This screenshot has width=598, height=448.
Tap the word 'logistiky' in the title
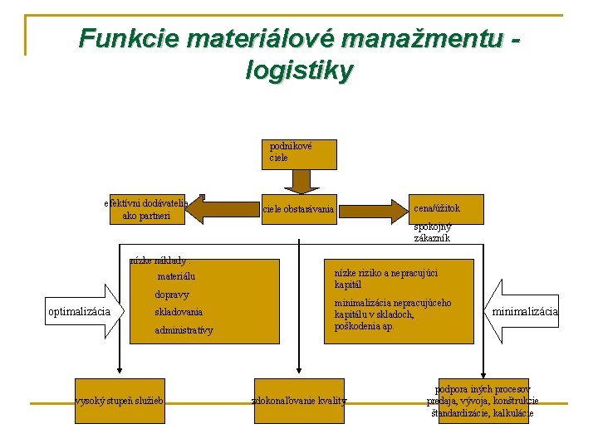pyautogui.click(x=300, y=71)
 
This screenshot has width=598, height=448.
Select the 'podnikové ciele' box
pyautogui.click(x=300, y=153)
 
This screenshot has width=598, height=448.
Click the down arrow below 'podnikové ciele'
pyautogui.click(x=300, y=181)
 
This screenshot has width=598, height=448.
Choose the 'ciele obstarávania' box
pyautogui.click(x=298, y=209)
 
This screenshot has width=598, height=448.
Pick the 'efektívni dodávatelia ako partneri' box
pyautogui.click(x=147, y=209)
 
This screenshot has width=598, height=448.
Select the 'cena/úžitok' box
pyautogui.click(x=445, y=209)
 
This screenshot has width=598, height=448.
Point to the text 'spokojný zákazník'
pyautogui.click(x=432, y=232)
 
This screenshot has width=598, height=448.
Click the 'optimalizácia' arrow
pyautogui.click(x=81, y=312)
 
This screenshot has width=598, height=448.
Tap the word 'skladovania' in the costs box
pyautogui.click(x=179, y=312)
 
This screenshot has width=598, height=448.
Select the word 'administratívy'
pyautogui.click(x=184, y=330)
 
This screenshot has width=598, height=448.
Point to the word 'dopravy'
pyautogui.click(x=172, y=295)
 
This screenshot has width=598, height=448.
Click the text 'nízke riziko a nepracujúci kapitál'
pyautogui.click(x=385, y=278)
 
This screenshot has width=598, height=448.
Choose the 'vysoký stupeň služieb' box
pyautogui.click(x=120, y=401)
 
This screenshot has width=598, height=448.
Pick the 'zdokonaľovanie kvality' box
pyautogui.click(x=299, y=401)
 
